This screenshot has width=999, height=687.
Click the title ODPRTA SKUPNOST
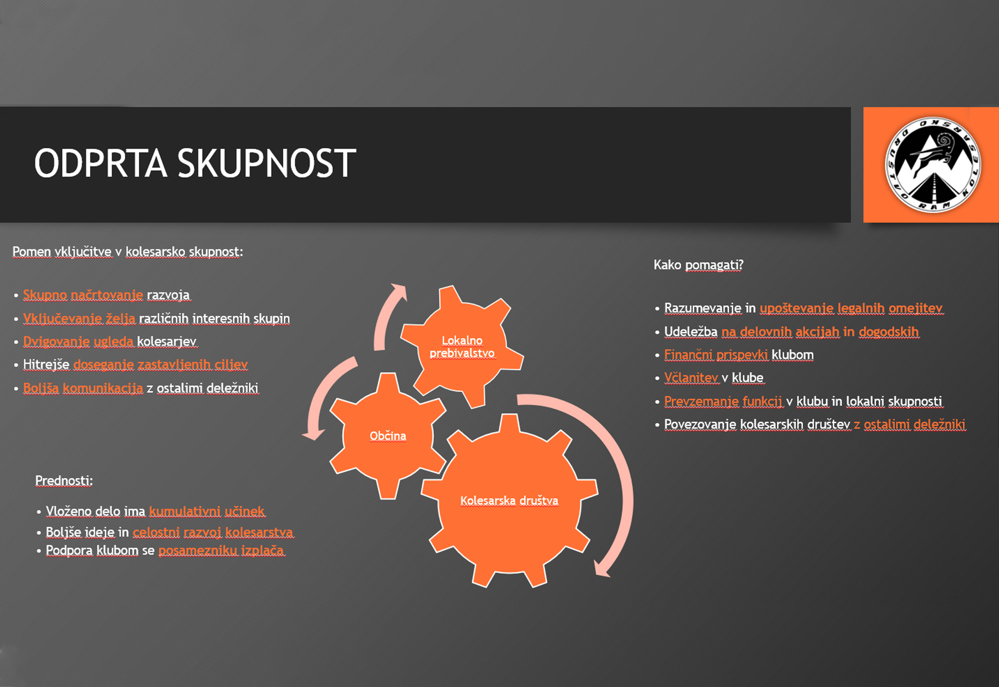pyautogui.click(x=195, y=163)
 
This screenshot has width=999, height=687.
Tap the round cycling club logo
pyautogui.click(x=933, y=165)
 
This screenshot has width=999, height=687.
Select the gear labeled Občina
pyautogui.click(x=388, y=436)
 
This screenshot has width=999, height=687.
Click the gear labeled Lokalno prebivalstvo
pyautogui.click(x=462, y=346)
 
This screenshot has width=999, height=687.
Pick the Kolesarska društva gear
pyautogui.click(x=509, y=501)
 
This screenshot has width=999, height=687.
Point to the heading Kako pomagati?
pyautogui.click(x=698, y=265)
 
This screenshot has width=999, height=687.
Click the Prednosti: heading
pyautogui.click(x=64, y=480)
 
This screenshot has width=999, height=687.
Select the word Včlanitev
pyautogui.click(x=691, y=377)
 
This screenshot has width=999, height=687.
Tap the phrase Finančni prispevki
pyautogui.click(x=716, y=354)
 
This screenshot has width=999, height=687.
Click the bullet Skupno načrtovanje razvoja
pyautogui.click(x=106, y=295)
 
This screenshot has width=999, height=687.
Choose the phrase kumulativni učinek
pyautogui.click(x=207, y=511)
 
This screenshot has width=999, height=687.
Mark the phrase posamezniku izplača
pyautogui.click(x=221, y=550)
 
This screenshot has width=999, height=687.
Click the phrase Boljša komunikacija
pyautogui.click(x=83, y=388)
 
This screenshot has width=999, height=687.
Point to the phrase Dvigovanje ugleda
pyautogui.click(x=78, y=341)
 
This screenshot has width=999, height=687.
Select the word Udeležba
pyautogui.click(x=691, y=332)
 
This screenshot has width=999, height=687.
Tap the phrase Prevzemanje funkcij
pyautogui.click(x=723, y=401)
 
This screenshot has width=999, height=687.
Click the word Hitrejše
pyautogui.click(x=46, y=364)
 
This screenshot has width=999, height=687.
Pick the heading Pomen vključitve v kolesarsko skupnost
pyautogui.click(x=127, y=252)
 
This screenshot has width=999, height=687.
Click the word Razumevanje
pyautogui.click(x=703, y=308)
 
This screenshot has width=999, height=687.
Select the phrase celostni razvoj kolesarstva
pyautogui.click(x=213, y=532)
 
